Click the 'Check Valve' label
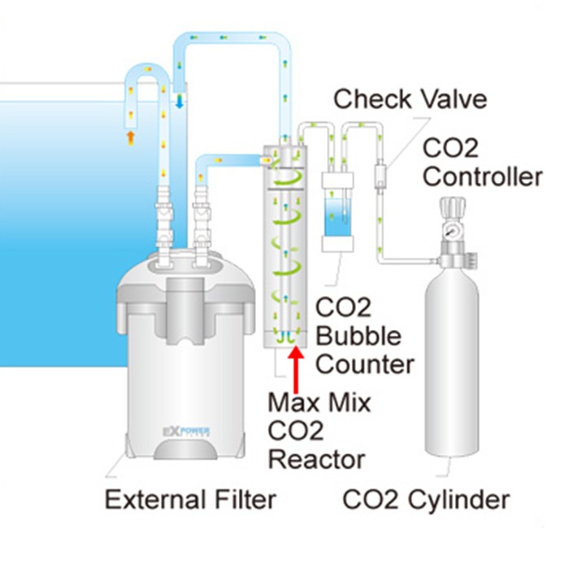pos(410,100)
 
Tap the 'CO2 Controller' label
pos(482,163)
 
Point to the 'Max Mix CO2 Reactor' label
pos(318,431)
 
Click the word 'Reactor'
pos(318,459)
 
